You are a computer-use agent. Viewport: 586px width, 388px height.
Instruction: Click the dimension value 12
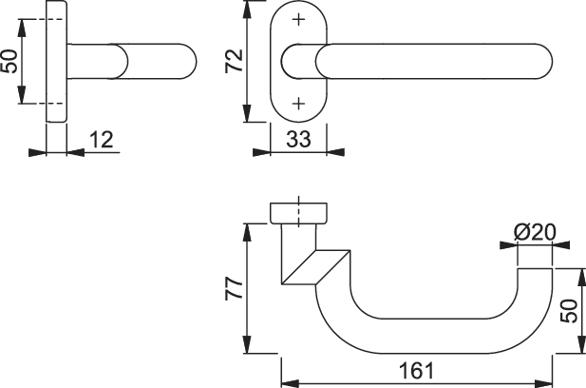point(102,140)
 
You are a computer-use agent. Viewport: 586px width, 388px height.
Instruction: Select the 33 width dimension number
point(298,140)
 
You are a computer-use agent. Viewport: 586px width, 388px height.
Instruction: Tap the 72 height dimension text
point(235,61)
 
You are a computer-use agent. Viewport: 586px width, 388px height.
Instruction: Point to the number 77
point(235,288)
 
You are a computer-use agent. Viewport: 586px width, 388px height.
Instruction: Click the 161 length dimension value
point(417,371)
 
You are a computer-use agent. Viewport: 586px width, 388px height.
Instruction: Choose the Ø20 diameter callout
point(535,232)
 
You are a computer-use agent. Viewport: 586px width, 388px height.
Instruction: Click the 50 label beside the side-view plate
point(9,62)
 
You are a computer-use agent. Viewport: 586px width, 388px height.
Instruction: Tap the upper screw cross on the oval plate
point(298,19)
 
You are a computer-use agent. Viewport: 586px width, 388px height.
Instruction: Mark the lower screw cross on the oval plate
point(298,104)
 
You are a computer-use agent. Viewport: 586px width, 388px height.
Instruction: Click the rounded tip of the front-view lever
point(545,62)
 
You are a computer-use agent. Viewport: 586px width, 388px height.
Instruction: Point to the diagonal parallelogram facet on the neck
point(316,267)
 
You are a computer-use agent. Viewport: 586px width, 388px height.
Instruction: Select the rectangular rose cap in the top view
point(298,213)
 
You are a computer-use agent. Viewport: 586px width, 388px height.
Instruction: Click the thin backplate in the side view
point(56,62)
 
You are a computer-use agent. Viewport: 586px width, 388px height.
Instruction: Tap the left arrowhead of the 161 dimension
point(290,384)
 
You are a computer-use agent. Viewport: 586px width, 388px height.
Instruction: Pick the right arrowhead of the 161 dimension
point(543,384)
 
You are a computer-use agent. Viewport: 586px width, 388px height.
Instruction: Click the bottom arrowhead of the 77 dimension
point(247,344)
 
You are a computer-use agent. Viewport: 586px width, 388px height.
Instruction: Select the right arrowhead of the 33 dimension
point(335,152)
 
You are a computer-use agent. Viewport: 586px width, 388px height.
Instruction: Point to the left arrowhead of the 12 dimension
point(37,152)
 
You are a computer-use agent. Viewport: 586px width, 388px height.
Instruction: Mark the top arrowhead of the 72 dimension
point(247,10)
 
